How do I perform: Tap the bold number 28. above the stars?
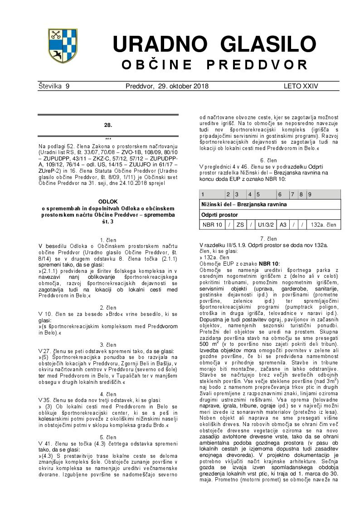tap(108, 124)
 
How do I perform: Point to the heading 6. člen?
tap(268, 160)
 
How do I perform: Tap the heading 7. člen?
tap(268, 238)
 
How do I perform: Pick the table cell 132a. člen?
tap(323, 224)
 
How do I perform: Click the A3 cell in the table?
tap(283, 224)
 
